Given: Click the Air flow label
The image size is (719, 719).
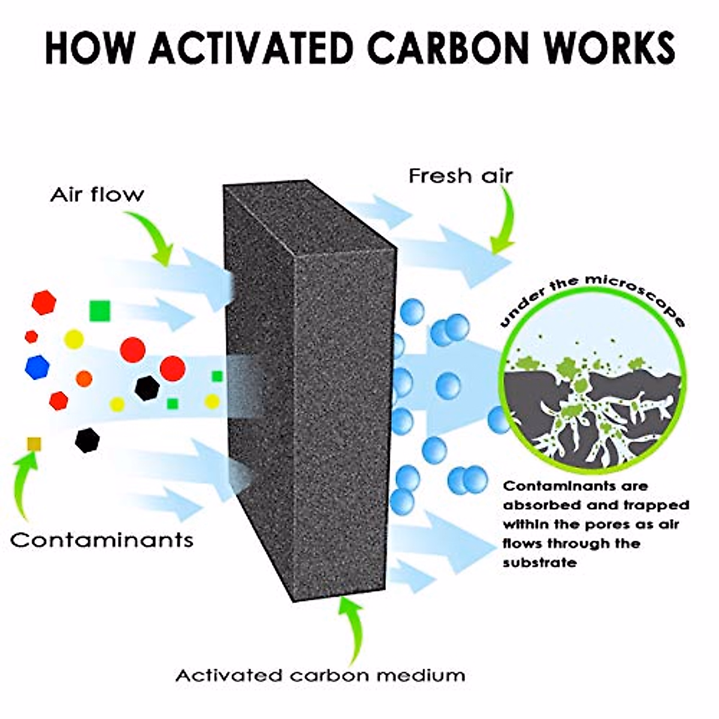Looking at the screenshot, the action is (96, 195).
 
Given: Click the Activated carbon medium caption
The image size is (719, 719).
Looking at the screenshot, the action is (320, 676).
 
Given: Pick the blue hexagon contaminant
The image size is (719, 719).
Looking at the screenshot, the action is (37, 367).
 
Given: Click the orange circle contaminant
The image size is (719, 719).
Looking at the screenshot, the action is (84, 378).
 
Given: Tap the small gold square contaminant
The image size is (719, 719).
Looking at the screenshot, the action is (34, 443).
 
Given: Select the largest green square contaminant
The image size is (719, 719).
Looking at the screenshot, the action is (99, 310).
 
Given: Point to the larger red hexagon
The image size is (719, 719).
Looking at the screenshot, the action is (44, 303).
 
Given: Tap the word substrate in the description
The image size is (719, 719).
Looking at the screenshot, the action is (540, 563).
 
